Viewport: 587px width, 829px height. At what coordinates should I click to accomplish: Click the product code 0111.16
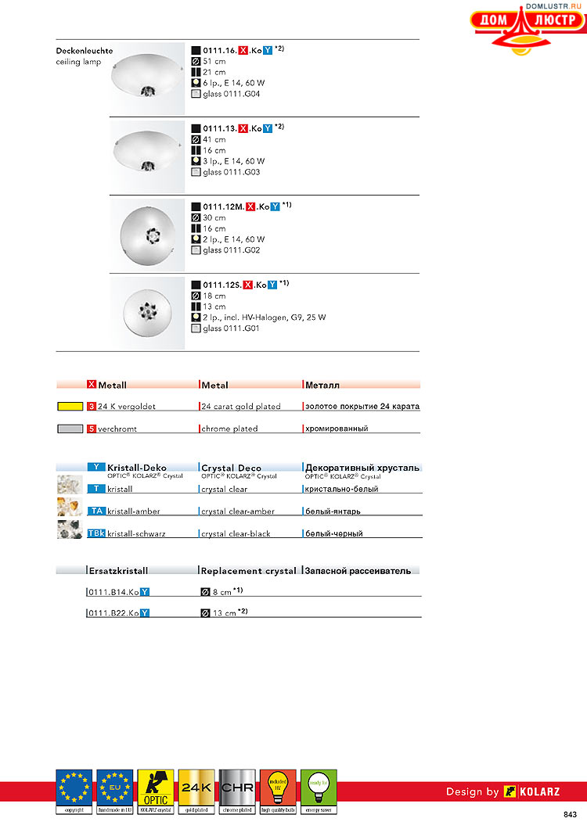coord(220,49)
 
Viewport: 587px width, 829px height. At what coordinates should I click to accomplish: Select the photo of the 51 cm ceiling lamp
coord(147,78)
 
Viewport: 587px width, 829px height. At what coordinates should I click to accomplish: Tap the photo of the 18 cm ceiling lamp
coord(147,312)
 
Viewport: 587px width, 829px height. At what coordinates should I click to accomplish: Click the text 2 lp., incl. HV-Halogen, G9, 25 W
coord(265,318)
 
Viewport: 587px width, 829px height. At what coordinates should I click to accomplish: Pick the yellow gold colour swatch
coord(70,407)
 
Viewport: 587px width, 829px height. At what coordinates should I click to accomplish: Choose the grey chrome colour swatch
coord(70,429)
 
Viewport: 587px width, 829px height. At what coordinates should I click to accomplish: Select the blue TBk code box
coord(95,533)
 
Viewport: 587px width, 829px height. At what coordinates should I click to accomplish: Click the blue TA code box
coord(95,511)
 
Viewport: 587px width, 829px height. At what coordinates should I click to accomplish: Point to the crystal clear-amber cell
coord(238,511)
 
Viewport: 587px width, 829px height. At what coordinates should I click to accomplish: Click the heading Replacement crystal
coord(249,571)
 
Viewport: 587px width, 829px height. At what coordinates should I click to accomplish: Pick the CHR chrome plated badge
coord(237,791)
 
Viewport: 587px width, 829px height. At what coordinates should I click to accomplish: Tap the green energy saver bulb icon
coord(319,791)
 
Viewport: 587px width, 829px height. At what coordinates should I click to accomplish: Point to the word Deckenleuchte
coord(85,51)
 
